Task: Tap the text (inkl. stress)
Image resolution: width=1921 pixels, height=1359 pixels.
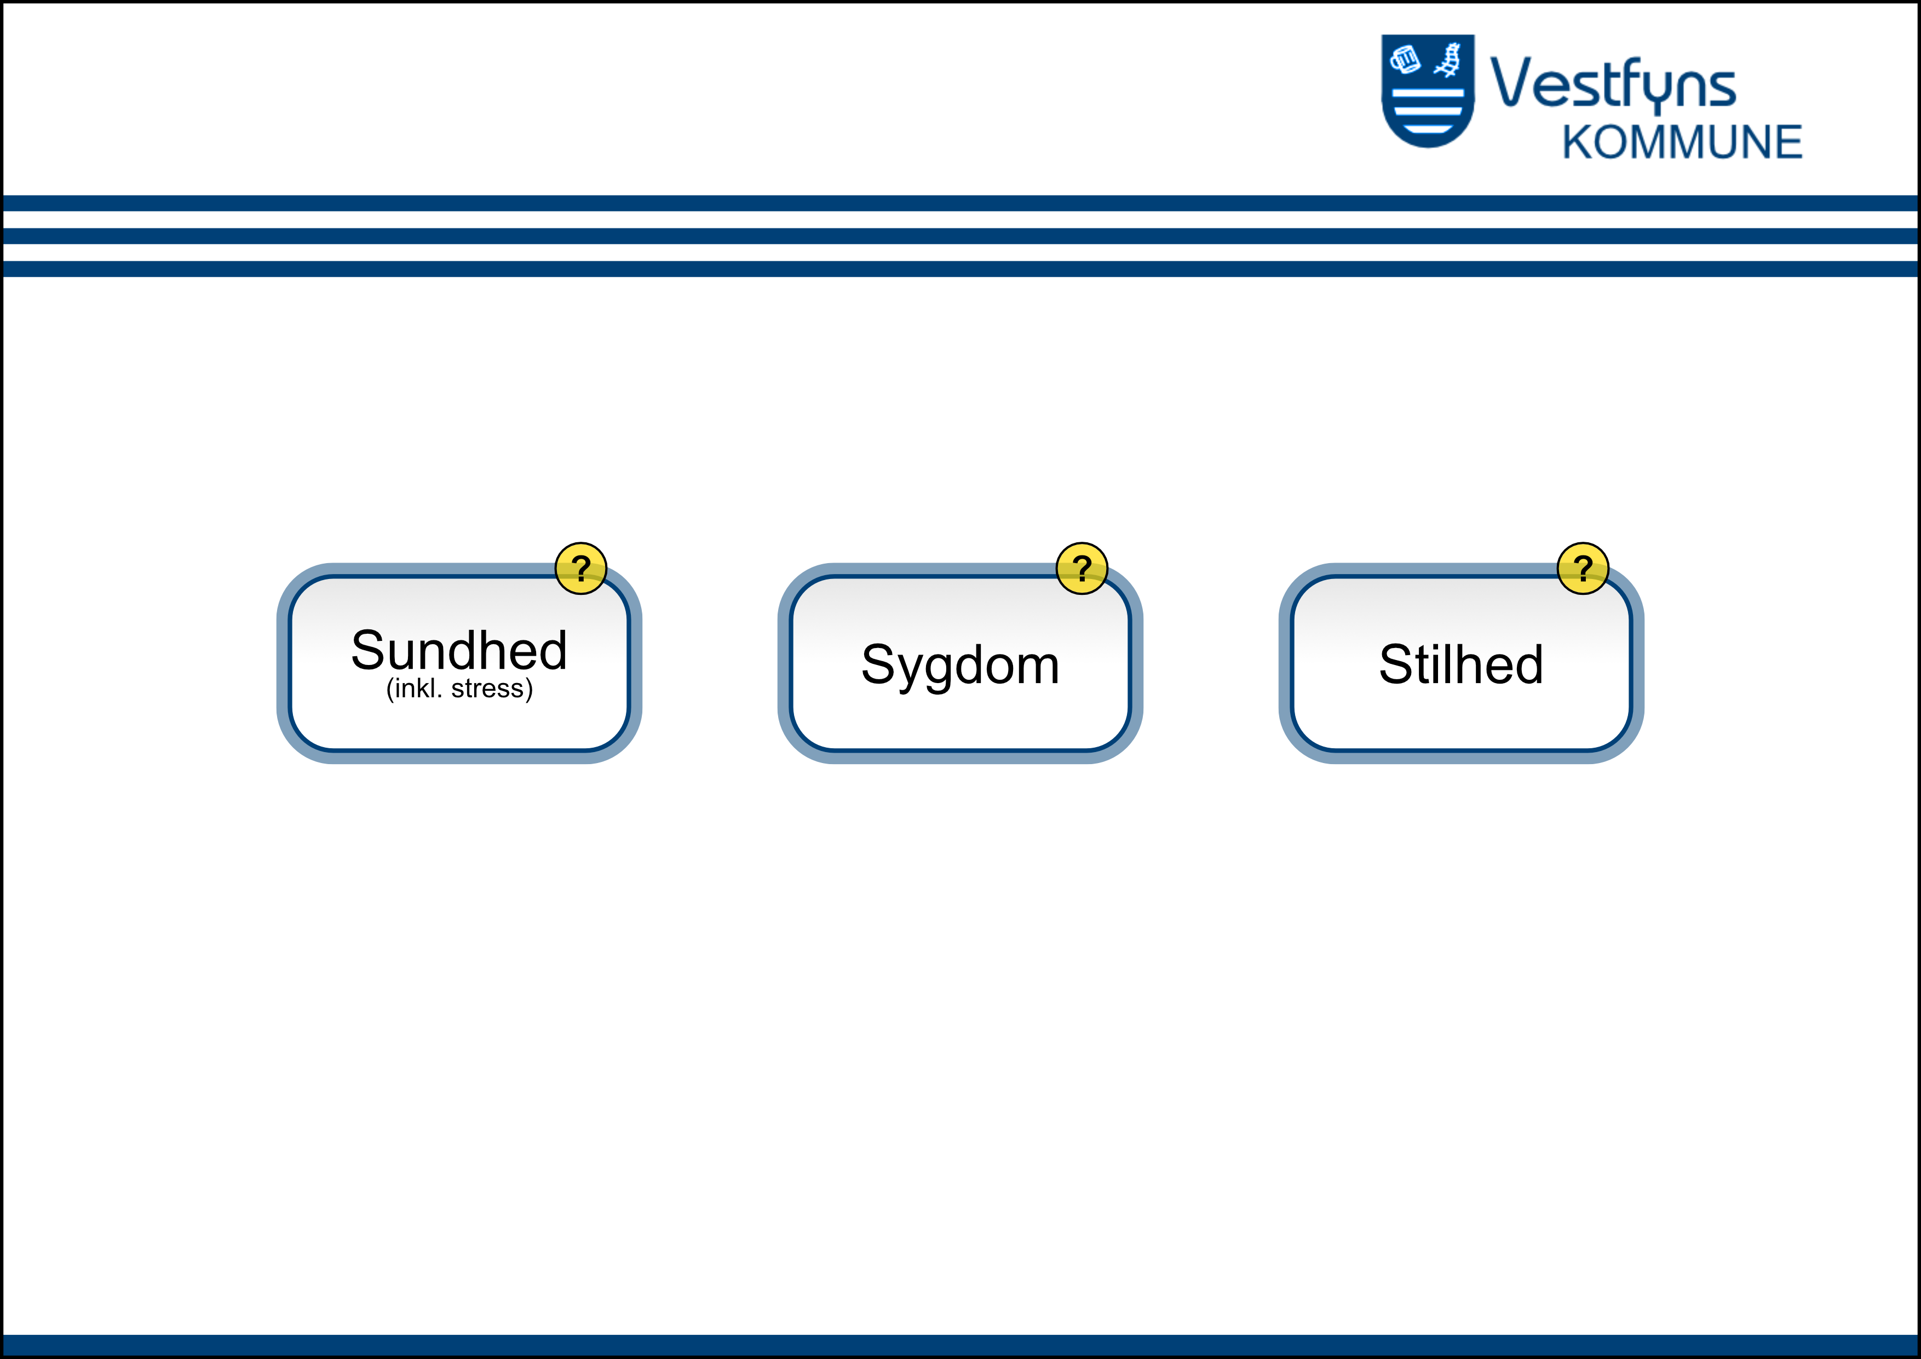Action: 459,689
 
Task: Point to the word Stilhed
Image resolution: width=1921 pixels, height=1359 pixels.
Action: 1461,664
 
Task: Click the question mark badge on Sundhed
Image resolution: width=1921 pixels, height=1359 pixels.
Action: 580,568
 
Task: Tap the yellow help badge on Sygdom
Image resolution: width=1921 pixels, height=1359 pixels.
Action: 1082,568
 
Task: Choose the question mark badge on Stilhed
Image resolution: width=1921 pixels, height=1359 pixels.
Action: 1583,568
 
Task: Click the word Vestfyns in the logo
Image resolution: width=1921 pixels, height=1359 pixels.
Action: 1613,84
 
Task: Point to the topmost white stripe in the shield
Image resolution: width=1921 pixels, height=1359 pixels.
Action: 1428,94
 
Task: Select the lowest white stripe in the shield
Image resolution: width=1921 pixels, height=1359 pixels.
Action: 1428,129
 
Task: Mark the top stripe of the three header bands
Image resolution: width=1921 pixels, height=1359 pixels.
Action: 960,203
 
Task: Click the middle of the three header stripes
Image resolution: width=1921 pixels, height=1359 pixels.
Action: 960,236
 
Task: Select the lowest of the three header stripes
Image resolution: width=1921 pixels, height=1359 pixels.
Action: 960,268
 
